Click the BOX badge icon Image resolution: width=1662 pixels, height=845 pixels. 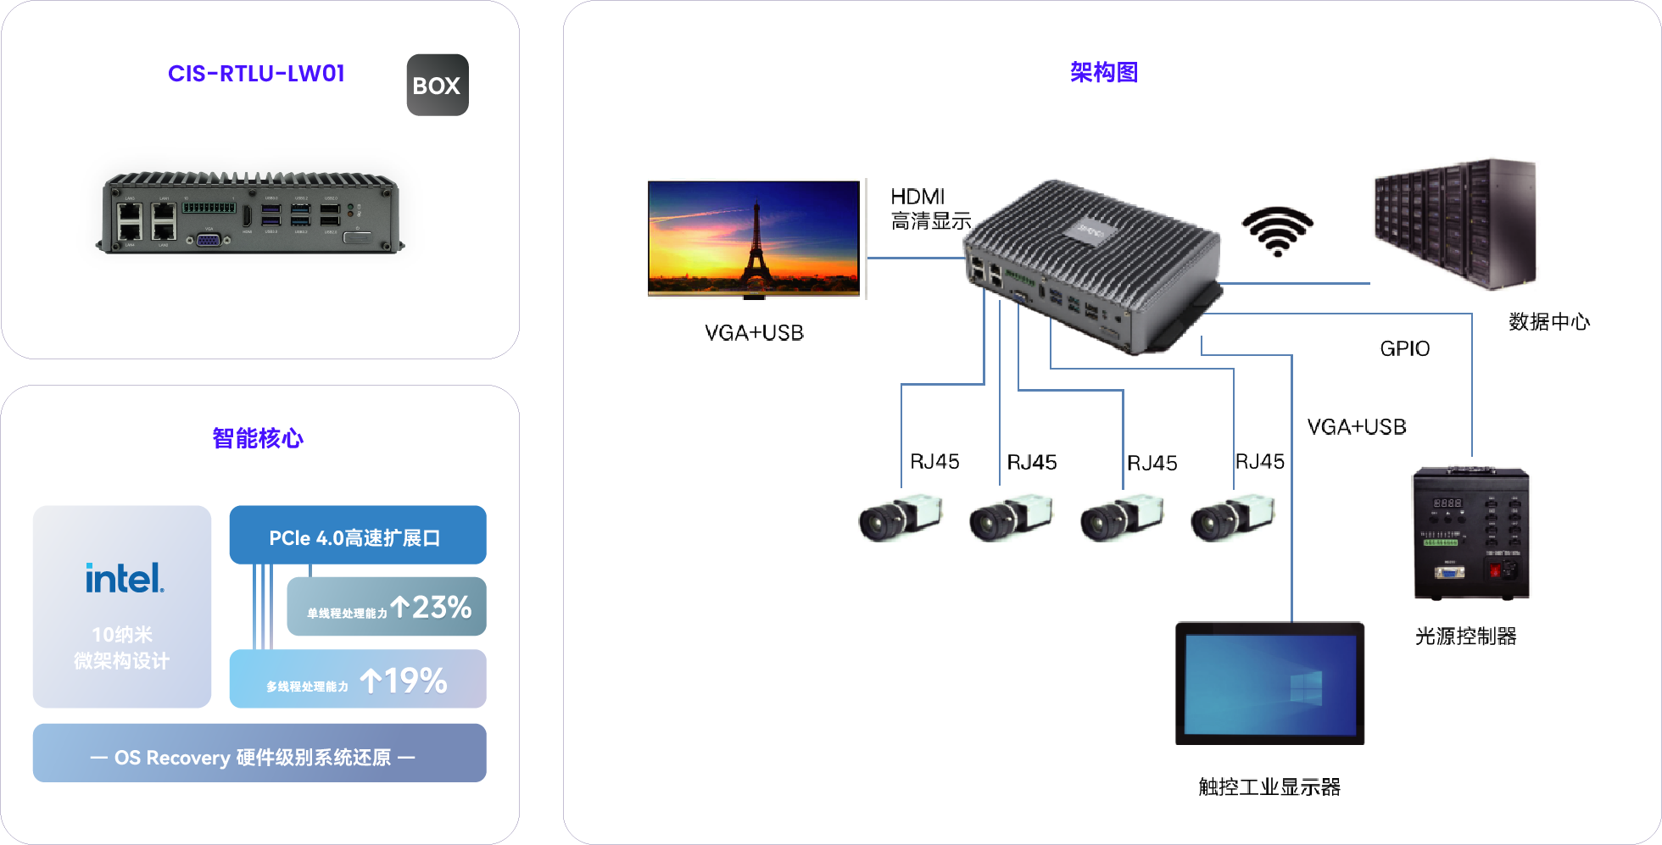coord(438,85)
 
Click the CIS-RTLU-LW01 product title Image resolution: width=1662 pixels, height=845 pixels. coord(256,74)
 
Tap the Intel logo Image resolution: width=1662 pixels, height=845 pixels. coord(124,578)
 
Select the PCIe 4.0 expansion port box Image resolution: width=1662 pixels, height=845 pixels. coord(357,536)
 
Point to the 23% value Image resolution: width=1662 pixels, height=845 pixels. coord(442,607)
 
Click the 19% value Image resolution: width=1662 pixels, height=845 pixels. coord(415,681)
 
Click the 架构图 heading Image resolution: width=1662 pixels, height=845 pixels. coord(1103,73)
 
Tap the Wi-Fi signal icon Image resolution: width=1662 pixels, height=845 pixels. coord(1277,230)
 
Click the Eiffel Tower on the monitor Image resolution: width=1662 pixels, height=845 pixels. coord(754,246)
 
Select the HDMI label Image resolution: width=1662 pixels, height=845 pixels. coord(917,197)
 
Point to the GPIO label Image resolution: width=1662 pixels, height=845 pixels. coord(1404,348)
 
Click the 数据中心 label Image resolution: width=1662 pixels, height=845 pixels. coord(1548,322)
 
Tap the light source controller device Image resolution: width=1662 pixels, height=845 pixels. coord(1470,534)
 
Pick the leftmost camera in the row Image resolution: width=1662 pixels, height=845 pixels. coord(899,517)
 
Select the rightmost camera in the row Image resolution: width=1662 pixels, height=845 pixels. coord(1231,517)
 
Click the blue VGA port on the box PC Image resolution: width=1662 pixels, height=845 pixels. coord(209,240)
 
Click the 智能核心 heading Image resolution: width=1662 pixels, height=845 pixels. coord(258,438)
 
